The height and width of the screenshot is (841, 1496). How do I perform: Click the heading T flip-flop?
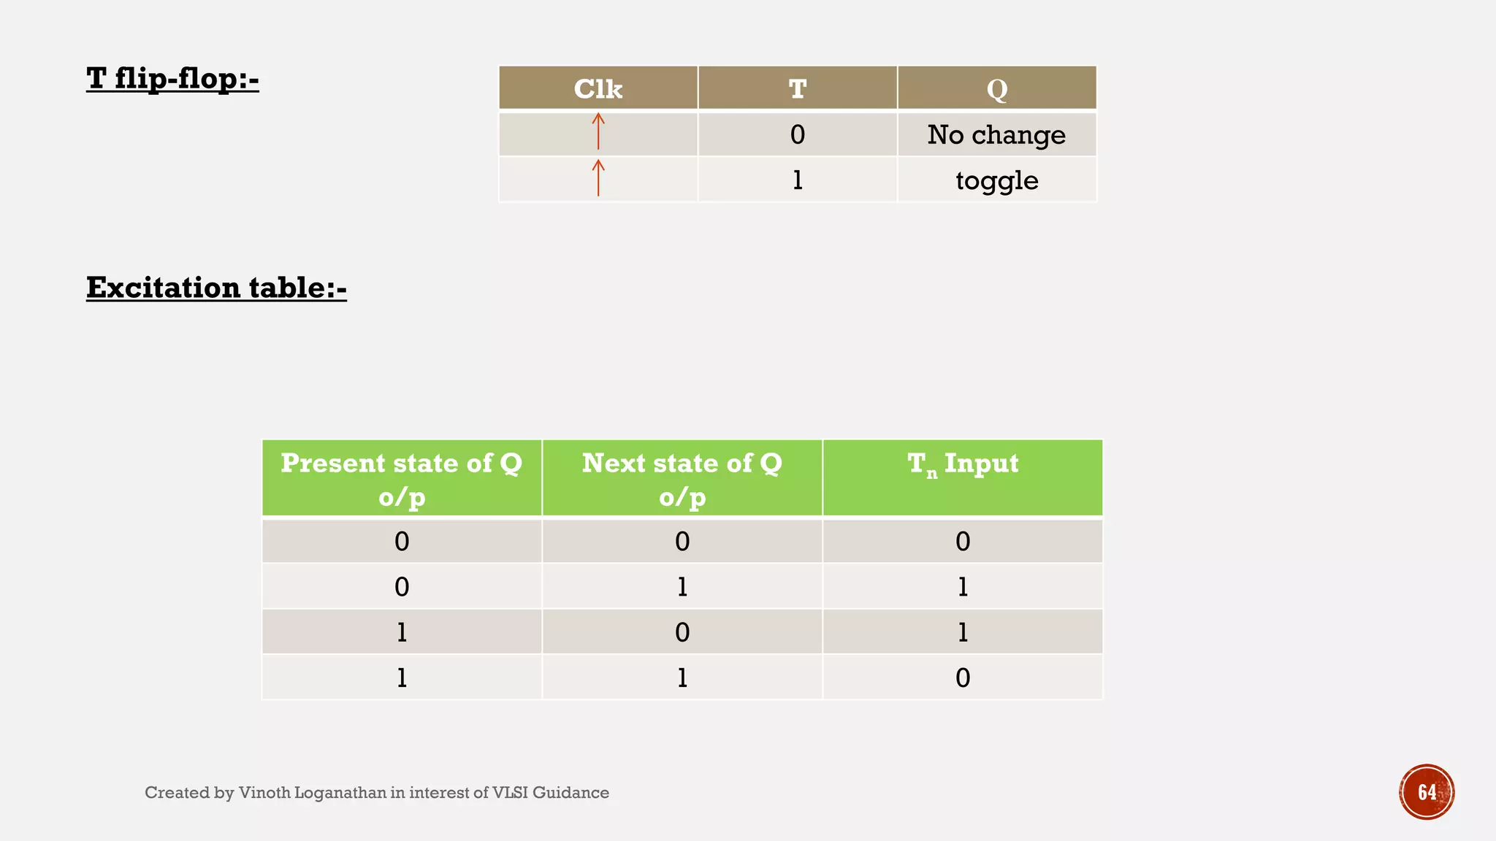[x=172, y=79]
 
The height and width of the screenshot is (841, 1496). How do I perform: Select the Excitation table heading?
[x=216, y=288]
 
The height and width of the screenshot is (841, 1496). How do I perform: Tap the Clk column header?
[x=598, y=89]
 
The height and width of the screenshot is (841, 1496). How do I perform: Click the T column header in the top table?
[x=797, y=89]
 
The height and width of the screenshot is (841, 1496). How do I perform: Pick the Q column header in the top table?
[x=996, y=89]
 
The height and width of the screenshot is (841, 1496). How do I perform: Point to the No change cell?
[x=996, y=135]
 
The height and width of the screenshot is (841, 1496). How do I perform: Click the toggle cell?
[x=996, y=180]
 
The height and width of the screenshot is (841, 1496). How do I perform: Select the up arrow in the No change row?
[x=598, y=131]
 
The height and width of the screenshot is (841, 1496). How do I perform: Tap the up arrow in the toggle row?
[x=598, y=177]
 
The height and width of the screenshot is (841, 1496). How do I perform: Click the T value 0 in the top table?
[x=797, y=135]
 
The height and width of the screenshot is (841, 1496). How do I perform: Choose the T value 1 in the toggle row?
[x=797, y=180]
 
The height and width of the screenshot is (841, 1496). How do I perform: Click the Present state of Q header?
[x=402, y=479]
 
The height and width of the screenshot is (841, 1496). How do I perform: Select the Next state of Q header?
[x=682, y=479]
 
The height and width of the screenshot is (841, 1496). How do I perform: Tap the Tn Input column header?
[x=962, y=464]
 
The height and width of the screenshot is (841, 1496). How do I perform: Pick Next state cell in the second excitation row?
[x=682, y=587]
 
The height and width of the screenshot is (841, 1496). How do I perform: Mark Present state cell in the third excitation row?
[x=402, y=632]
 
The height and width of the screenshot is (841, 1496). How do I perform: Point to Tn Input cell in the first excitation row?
[x=962, y=542]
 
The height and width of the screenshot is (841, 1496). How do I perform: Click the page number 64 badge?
[x=1427, y=792]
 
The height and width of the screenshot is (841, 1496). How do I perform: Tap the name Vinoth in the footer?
[x=264, y=793]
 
